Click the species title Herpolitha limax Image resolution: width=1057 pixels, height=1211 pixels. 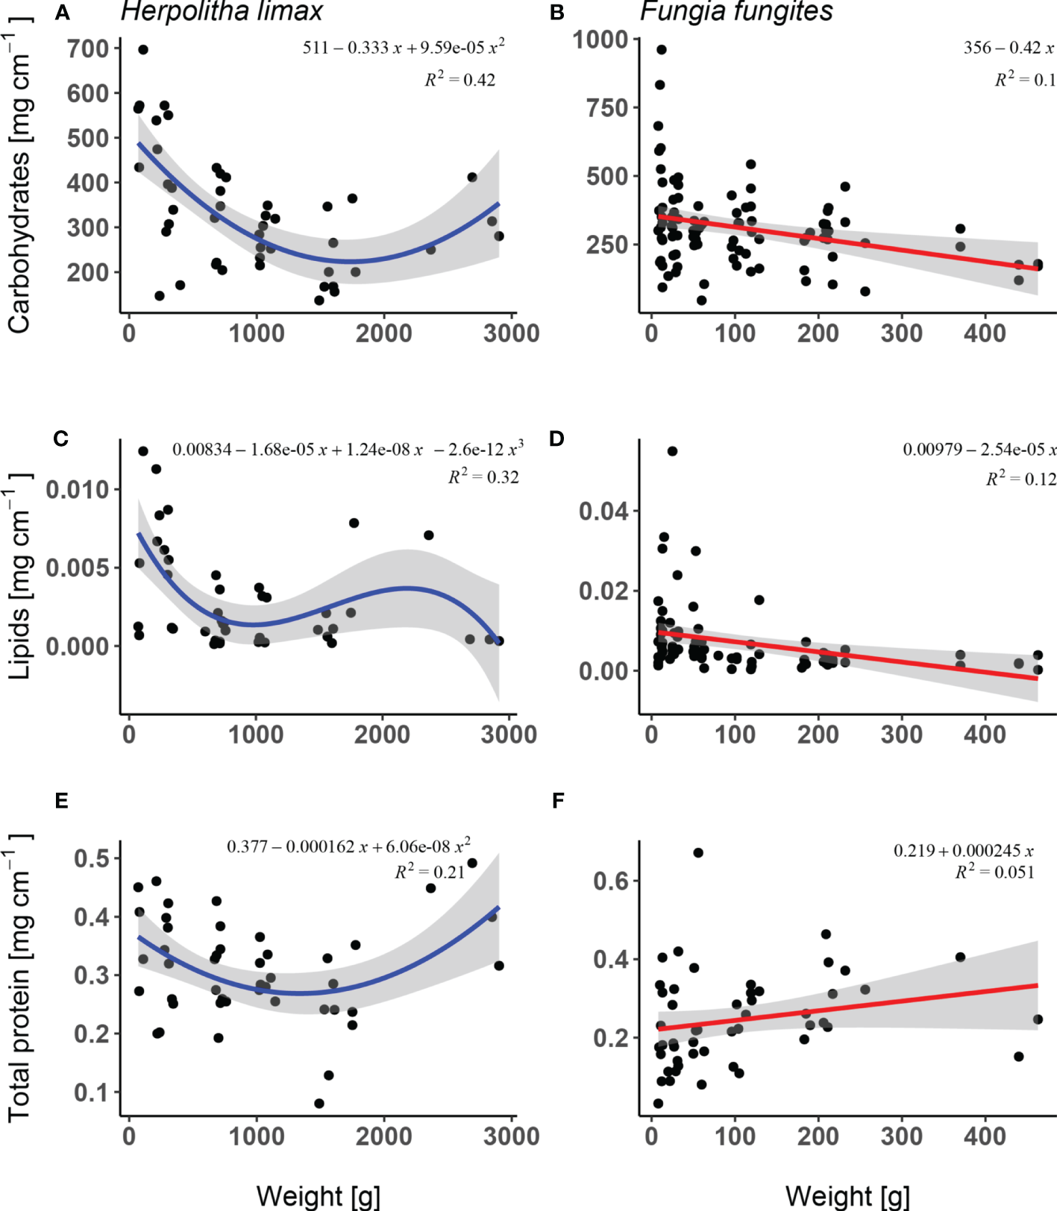tap(222, 11)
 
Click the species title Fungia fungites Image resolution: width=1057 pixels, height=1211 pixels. tap(736, 11)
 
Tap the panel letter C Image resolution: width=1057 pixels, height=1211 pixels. tap(61, 438)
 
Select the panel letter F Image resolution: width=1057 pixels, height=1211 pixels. tap(558, 801)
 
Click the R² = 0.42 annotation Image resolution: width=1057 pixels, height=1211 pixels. tap(460, 79)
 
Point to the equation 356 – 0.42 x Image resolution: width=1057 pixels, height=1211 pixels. tap(1009, 48)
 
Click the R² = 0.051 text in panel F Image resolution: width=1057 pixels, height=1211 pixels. tap(994, 872)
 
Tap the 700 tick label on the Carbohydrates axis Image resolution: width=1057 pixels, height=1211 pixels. tap(88, 49)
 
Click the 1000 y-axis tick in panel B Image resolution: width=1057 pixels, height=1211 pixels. tap(600, 39)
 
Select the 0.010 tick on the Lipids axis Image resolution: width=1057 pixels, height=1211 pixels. tap(78, 490)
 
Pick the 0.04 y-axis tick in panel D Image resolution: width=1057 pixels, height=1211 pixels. tap(603, 512)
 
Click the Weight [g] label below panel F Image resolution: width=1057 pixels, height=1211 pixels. tap(847, 1195)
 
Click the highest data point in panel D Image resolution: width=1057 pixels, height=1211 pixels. tap(672, 451)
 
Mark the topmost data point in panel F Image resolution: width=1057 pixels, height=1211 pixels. tap(698, 852)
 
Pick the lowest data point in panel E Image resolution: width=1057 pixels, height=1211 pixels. tap(319, 1104)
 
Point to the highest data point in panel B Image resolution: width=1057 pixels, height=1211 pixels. tap(661, 50)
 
